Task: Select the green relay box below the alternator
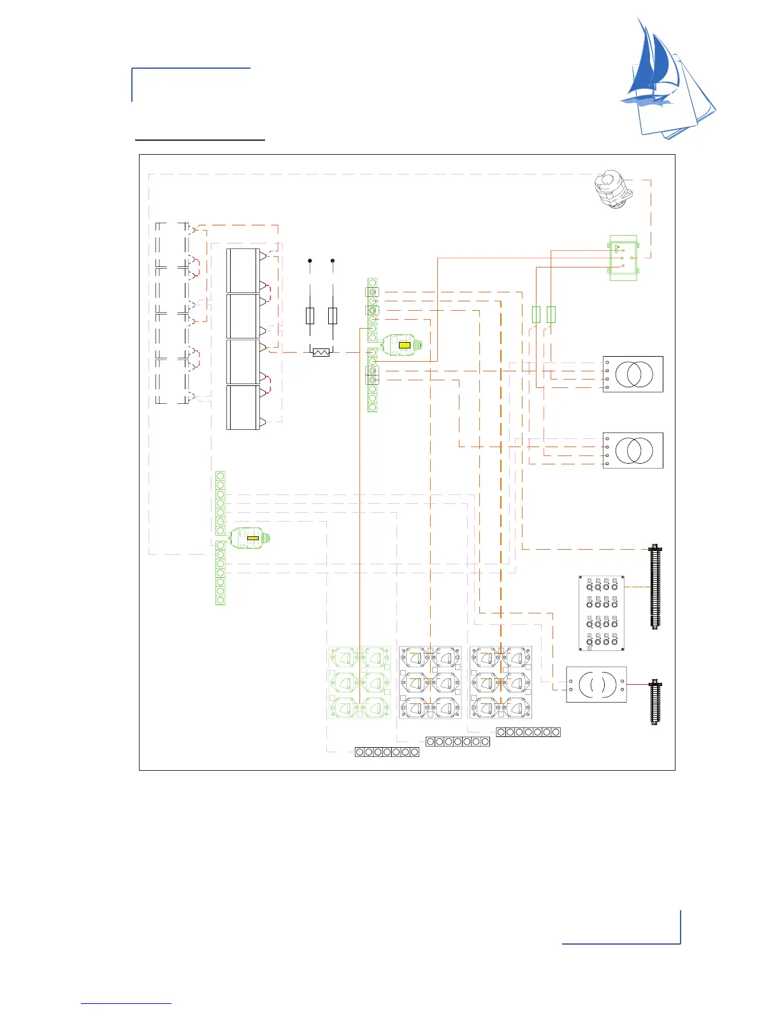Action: coord(624,258)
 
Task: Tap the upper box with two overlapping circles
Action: coord(633,374)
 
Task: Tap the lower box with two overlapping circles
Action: coord(633,450)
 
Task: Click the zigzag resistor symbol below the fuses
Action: coord(321,352)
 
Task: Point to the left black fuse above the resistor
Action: coord(310,315)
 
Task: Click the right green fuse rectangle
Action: coord(551,314)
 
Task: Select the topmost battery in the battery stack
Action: coord(243,271)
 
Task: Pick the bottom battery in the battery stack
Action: coord(243,407)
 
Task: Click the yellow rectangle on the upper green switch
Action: coord(404,345)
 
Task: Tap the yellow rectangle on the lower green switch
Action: coord(252,538)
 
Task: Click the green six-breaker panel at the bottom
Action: coord(360,683)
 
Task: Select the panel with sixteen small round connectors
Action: coord(602,613)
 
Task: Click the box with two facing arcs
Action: coord(596,685)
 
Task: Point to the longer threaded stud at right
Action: coord(654,587)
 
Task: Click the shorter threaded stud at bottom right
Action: coord(654,703)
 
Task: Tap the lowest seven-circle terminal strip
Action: coord(387,752)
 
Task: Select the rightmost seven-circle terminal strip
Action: coord(528,733)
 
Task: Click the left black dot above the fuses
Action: coord(310,261)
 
